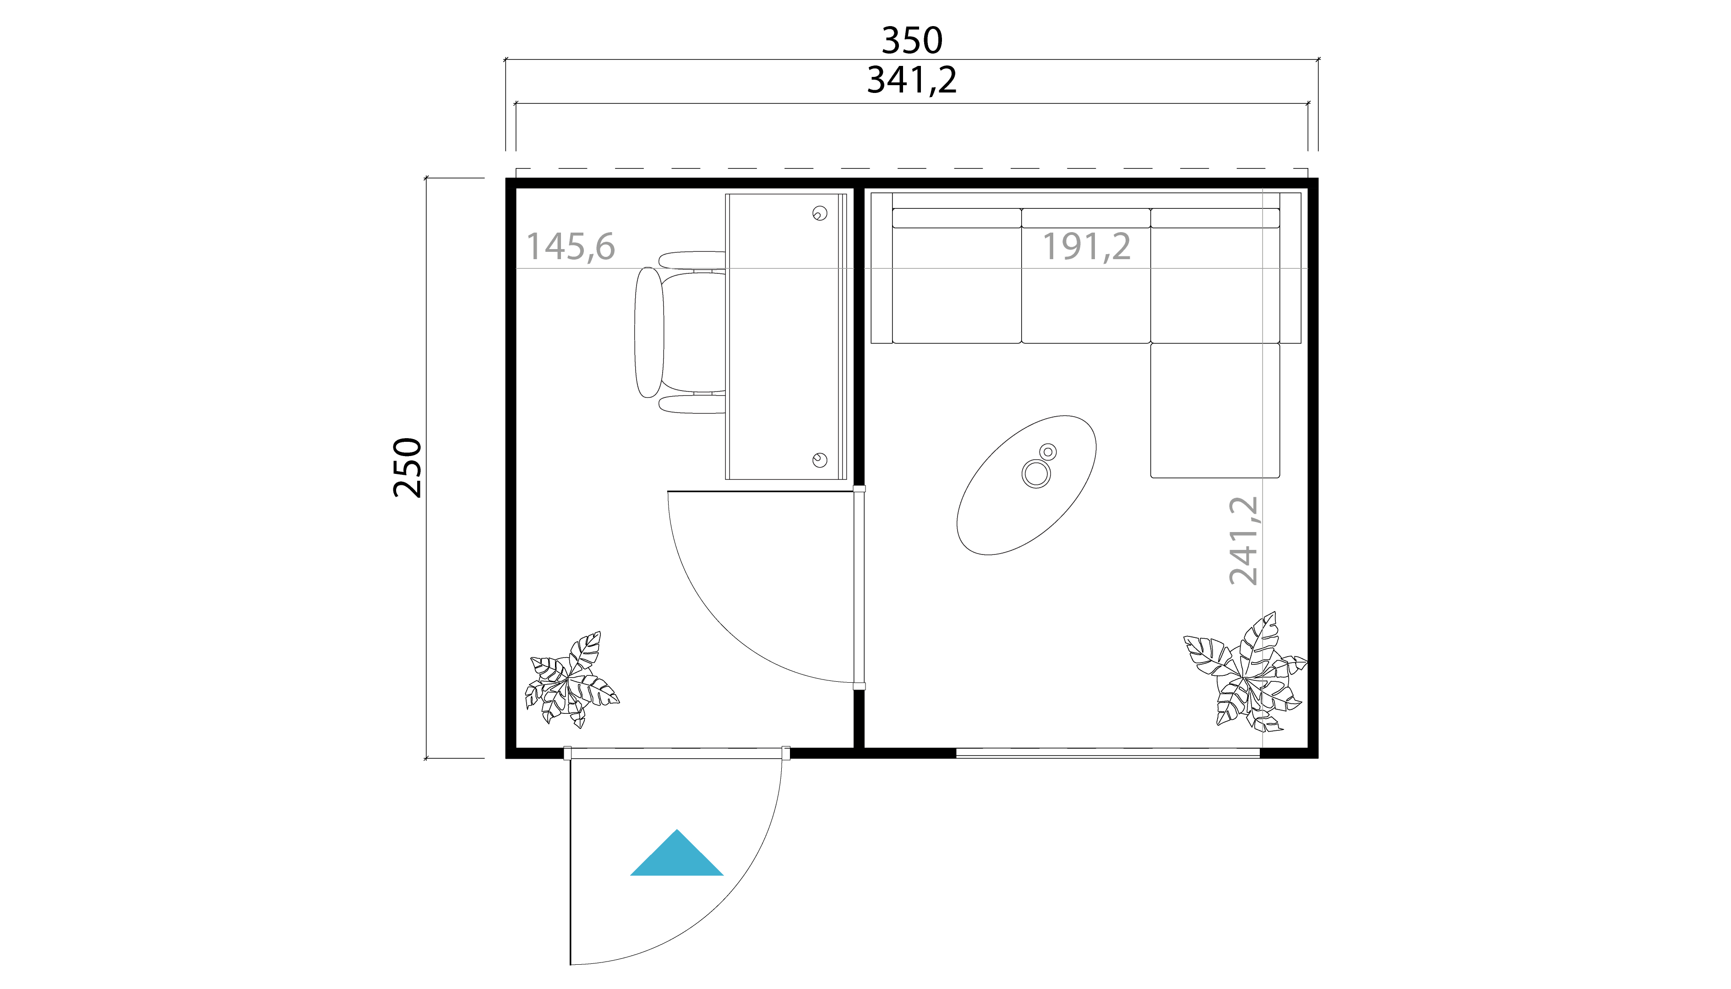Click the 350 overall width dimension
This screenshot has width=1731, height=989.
coord(912,41)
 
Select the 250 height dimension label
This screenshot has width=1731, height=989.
coord(408,467)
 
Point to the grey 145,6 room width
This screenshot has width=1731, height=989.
coord(571,247)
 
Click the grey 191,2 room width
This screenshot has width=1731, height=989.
coord(1086,247)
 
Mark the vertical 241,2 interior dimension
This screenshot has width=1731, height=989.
coord(1243,541)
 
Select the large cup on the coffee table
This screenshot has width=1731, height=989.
coord(1036,473)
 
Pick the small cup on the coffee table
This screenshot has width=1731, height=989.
coord(1048,451)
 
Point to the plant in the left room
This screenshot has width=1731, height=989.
coord(571,680)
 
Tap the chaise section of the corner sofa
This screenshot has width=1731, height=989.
coord(1215,410)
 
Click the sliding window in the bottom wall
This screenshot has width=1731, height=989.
coord(1107,753)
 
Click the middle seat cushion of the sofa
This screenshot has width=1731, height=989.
coord(1086,285)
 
